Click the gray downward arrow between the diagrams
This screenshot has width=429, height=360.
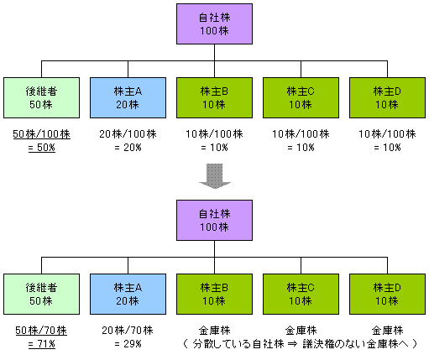tap(215, 176)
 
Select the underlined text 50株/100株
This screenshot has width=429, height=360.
tap(41, 134)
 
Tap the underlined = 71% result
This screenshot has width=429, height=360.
tap(41, 344)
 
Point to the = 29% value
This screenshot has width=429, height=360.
tap(128, 344)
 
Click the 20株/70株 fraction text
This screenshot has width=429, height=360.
tap(128, 331)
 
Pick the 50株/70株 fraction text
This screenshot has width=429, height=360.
tap(41, 331)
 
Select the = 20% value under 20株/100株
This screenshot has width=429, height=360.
tap(128, 148)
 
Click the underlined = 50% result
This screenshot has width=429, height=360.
tap(41, 148)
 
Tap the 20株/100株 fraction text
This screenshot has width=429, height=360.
tap(128, 134)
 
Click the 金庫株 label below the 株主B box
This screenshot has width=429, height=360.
tap(215, 331)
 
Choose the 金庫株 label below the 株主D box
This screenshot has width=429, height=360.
tap(388, 331)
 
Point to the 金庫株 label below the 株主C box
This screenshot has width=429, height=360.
tap(301, 331)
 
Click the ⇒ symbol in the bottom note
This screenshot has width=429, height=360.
tap(293, 344)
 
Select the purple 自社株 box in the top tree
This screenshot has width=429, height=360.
tap(214, 23)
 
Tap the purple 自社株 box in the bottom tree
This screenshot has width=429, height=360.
tap(214, 220)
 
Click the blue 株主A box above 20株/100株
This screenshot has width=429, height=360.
tap(128, 97)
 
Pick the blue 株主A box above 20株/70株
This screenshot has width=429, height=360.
tap(128, 294)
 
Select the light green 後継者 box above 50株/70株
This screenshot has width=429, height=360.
tap(41, 294)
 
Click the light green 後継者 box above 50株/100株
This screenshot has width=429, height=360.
tap(41, 97)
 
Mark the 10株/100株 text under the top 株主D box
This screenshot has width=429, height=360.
tap(387, 134)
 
